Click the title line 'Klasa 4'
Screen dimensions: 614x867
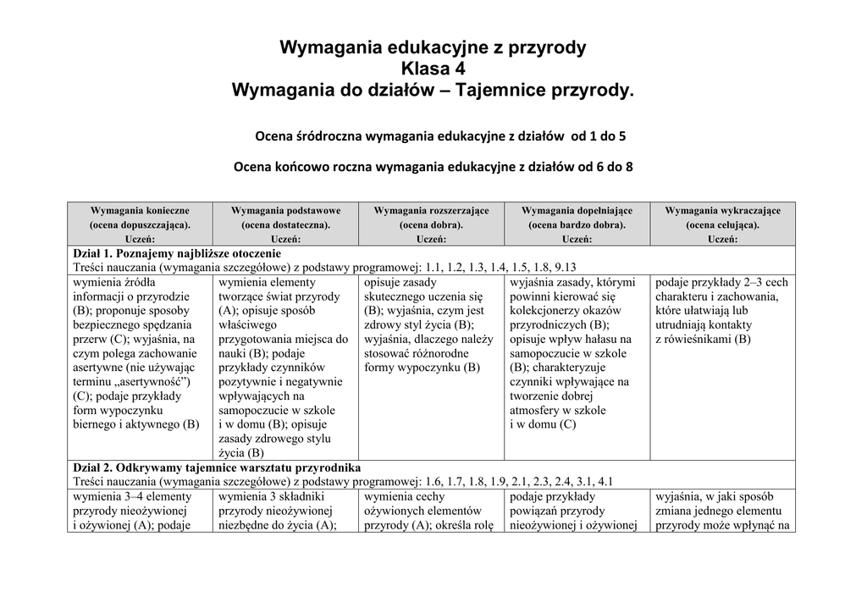click(433, 69)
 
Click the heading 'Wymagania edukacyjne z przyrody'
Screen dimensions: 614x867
click(433, 47)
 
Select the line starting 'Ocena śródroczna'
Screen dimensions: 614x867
click(441, 136)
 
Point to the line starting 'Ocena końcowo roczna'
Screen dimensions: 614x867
click(433, 167)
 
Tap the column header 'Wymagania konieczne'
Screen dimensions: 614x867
click(140, 210)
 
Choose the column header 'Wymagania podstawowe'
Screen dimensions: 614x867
click(285, 210)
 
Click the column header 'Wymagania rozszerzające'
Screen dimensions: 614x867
click(431, 210)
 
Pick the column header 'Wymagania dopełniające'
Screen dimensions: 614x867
click(577, 210)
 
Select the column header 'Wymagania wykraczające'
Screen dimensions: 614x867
click(722, 210)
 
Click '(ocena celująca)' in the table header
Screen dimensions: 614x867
click(722, 225)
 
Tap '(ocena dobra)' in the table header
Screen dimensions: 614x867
click(431, 225)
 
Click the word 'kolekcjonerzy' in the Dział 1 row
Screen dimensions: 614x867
click(550, 311)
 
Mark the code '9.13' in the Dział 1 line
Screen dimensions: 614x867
click(565, 267)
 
